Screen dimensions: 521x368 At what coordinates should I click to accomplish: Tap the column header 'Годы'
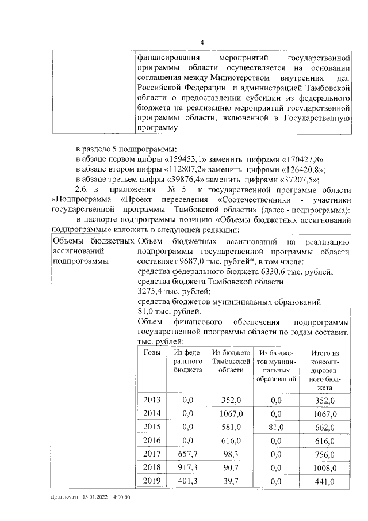tap(152, 353)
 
